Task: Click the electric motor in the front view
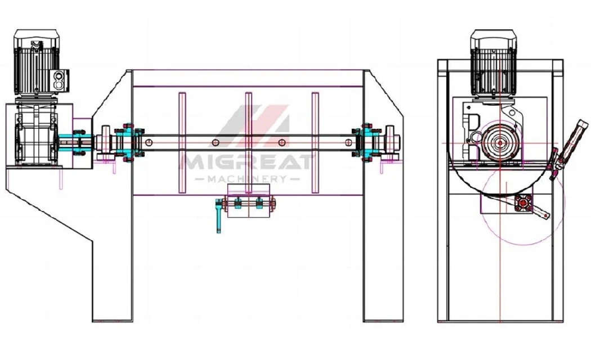[37, 62]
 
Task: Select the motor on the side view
[494, 63]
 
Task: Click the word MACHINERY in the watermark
[247, 179]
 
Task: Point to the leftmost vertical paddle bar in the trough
[182, 143]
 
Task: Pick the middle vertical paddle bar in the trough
[249, 143]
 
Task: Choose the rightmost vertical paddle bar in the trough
[315, 143]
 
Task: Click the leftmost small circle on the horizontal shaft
[149, 142]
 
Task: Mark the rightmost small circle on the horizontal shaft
[348, 142]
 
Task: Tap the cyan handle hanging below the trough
[218, 216]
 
